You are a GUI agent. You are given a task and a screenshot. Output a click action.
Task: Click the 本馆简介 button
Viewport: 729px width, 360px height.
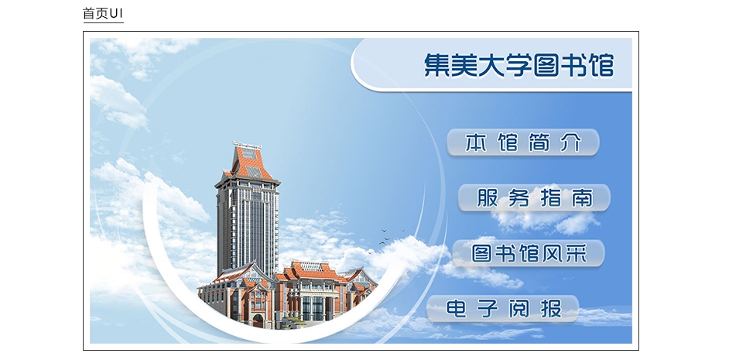523,142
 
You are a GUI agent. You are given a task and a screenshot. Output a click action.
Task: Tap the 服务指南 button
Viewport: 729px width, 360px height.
534,197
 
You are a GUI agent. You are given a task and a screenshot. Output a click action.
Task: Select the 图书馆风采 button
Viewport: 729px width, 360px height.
529,253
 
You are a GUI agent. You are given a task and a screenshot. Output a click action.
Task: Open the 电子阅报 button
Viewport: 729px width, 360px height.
503,308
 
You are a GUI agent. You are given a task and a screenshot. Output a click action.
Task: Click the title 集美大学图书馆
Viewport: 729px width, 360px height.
519,65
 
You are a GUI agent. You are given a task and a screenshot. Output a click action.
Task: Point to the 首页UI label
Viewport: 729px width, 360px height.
103,13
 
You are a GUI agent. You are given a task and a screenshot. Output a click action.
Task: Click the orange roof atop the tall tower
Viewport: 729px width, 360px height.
252,163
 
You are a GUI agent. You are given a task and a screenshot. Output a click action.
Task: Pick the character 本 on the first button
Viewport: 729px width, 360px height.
476,142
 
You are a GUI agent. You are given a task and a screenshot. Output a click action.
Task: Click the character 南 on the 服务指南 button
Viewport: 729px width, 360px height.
582,197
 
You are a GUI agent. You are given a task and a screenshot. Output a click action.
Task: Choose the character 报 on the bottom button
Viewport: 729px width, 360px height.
551,308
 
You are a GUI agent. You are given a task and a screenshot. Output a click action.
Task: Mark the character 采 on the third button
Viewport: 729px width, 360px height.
577,253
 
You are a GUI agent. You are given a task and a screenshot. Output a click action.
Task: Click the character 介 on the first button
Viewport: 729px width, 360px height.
571,142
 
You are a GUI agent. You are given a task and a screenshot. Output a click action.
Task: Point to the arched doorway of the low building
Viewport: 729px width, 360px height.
258,321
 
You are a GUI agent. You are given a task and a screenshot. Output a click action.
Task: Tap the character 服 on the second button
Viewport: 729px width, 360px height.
488,197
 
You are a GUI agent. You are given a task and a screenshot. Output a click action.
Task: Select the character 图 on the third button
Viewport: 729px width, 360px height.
481,253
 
